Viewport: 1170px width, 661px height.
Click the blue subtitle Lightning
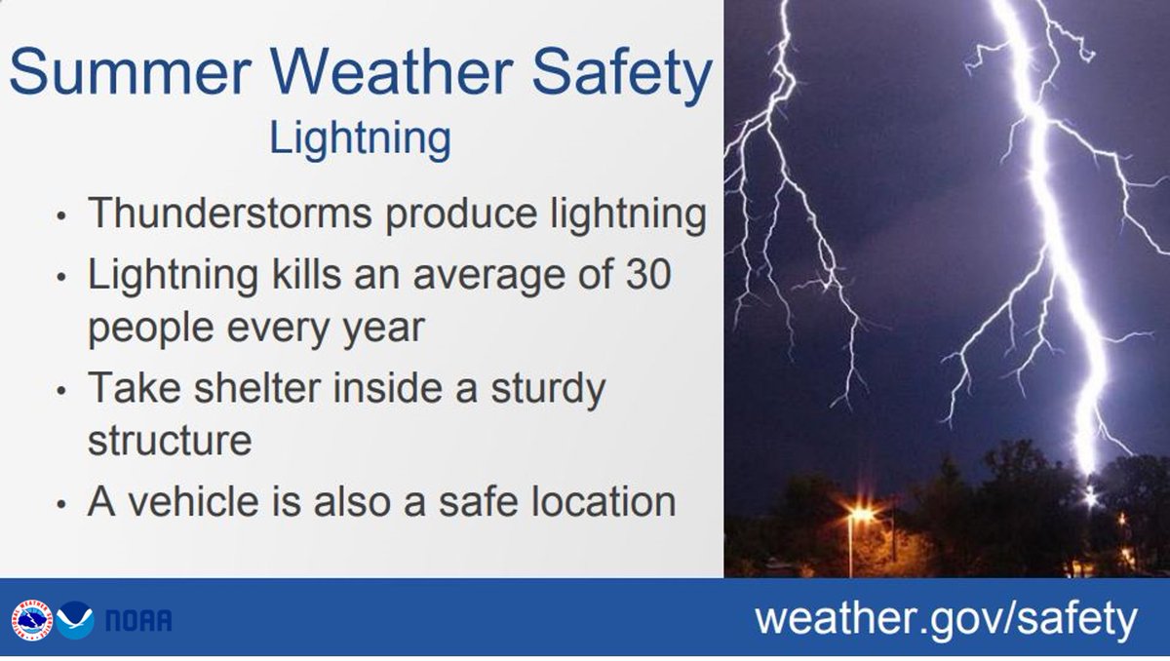[360, 139]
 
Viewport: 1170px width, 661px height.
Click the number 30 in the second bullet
[644, 276]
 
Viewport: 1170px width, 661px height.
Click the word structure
[170, 440]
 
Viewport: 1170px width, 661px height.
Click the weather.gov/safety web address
[946, 619]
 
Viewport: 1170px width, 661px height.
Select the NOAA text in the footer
[138, 621]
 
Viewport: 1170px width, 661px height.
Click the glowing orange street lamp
[861, 513]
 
